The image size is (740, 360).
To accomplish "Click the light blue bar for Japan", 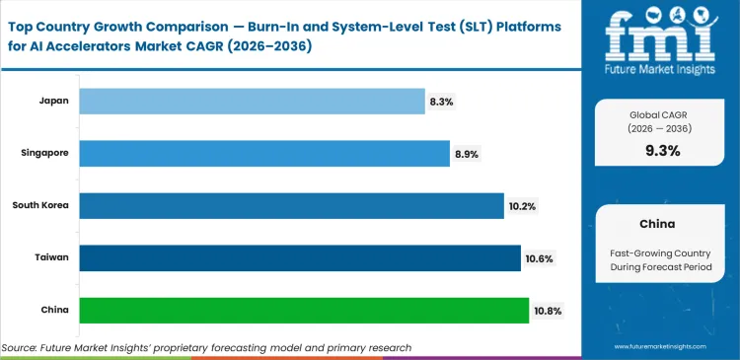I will [251, 101].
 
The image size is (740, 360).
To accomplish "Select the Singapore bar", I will [263, 153].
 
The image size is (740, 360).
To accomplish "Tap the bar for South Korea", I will [291, 205].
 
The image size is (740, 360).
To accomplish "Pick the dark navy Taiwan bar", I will [299, 257].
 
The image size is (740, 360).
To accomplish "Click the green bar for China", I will [303, 310].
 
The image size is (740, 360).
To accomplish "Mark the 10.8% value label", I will [549, 310].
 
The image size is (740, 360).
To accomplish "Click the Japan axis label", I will [53, 101].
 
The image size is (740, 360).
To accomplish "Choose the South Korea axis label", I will [39, 205].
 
